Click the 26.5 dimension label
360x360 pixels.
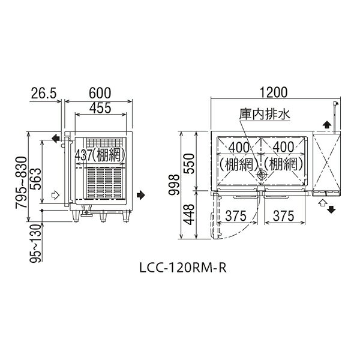pyautogui.click(x=44, y=93)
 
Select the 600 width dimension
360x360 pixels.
pyautogui.click(x=100, y=93)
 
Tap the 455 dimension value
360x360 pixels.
pyautogui.click(x=100, y=108)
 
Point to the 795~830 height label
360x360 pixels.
pyautogui.click(x=22, y=182)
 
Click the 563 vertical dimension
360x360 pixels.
pyautogui.click(x=36, y=179)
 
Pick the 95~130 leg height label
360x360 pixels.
pyautogui.click(x=36, y=243)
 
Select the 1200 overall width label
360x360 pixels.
pyautogui.click(x=273, y=92)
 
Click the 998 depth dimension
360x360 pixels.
pyautogui.click(x=174, y=185)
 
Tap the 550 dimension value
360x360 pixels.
pyautogui.click(x=189, y=164)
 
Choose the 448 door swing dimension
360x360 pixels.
pyautogui.click(x=189, y=215)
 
